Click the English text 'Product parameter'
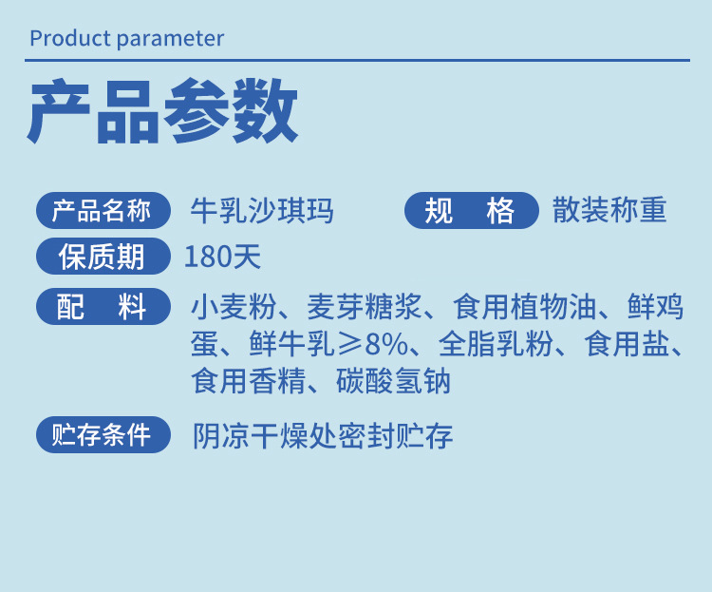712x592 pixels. [x=126, y=39]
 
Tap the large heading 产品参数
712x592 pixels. [x=162, y=111]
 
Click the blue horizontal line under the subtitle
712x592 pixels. [x=357, y=60]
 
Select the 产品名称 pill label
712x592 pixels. [x=103, y=211]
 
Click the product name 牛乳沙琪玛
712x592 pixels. [x=262, y=211]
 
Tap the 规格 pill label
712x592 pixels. [x=471, y=211]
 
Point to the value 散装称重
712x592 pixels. [x=609, y=210]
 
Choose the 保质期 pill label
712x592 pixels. [x=103, y=256]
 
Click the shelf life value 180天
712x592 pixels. [x=222, y=257]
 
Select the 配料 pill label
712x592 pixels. [x=103, y=307]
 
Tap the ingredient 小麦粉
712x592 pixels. [x=234, y=307]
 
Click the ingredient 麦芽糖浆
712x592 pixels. [x=365, y=307]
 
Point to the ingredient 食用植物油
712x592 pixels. [x=524, y=307]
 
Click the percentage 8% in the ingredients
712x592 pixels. [x=386, y=344]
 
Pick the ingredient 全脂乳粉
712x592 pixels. [x=496, y=344]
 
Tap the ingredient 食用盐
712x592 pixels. [x=628, y=344]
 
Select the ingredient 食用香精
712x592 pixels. [x=248, y=380]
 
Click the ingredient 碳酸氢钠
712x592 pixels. [x=393, y=380]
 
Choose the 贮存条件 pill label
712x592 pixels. [x=103, y=434]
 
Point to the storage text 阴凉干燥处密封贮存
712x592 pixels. [x=323, y=435]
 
